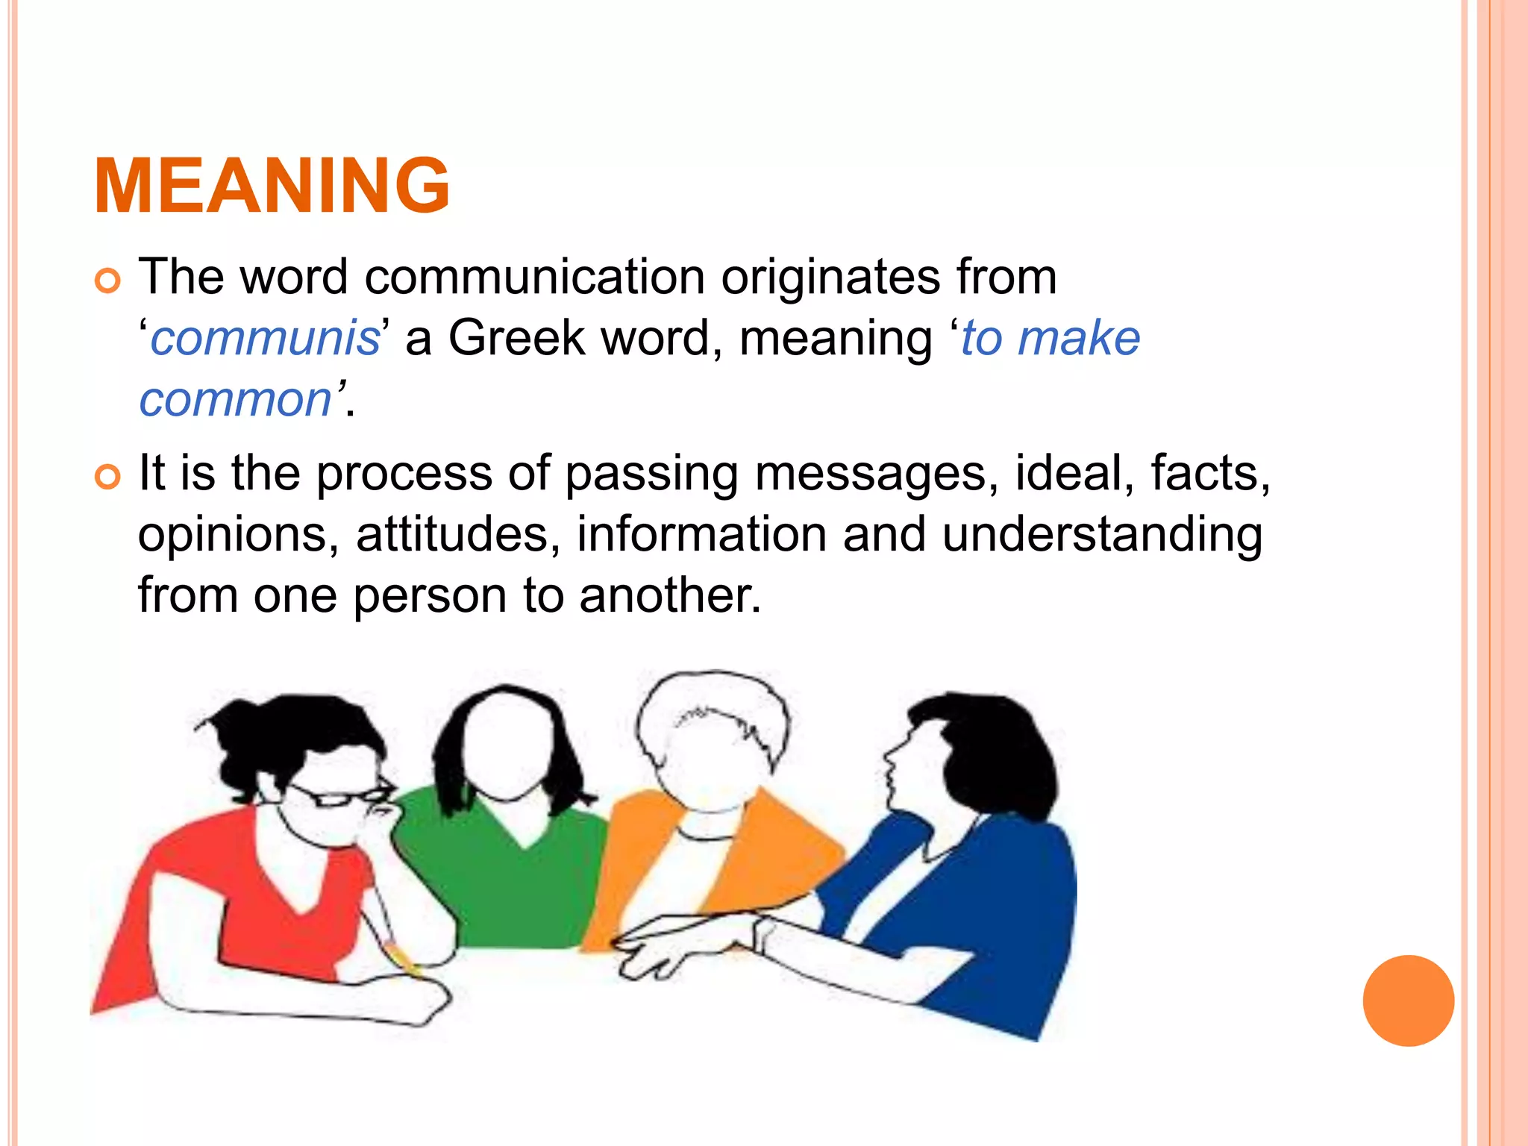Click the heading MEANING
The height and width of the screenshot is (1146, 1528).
272,186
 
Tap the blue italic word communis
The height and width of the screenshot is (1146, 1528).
266,338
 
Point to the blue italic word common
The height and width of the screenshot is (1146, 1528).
235,399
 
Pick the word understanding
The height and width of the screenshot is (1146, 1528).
1103,535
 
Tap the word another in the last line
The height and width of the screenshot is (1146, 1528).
670,596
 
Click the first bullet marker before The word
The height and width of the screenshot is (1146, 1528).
107,281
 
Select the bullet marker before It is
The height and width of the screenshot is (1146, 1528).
107,477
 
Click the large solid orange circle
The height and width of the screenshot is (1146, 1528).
1408,1001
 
